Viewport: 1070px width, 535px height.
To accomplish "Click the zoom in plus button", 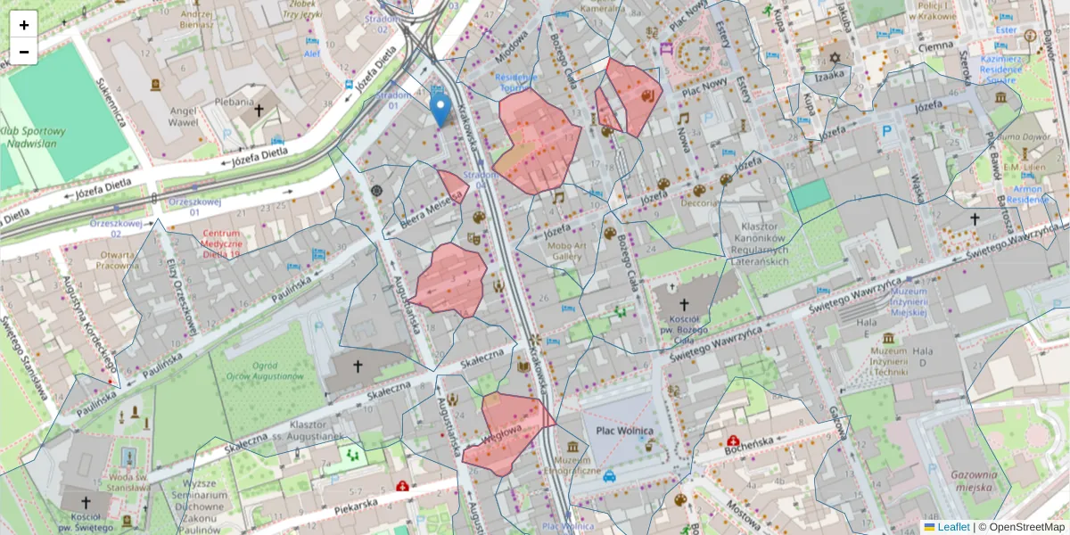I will tap(24, 25).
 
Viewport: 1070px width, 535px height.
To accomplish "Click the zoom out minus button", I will tap(24, 51).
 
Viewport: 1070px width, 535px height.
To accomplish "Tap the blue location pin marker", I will tap(440, 111).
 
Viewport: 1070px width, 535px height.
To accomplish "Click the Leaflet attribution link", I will tap(952, 527).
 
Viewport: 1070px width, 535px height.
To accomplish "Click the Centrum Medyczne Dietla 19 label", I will tap(208, 243).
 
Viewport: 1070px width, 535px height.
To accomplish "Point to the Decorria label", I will tap(698, 203).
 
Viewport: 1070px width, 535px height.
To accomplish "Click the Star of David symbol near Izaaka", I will tap(835, 58).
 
